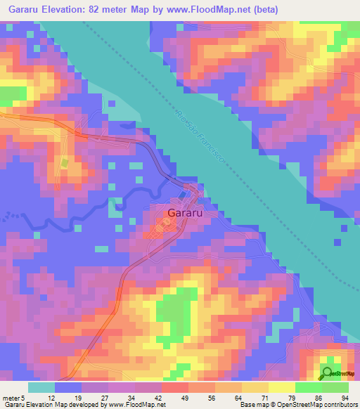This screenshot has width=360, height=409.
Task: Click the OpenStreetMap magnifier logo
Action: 328,372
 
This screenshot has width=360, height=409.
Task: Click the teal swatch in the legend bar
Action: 41,388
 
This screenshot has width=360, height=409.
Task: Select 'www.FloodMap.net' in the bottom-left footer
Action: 138,404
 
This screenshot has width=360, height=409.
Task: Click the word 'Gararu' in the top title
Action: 20,9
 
